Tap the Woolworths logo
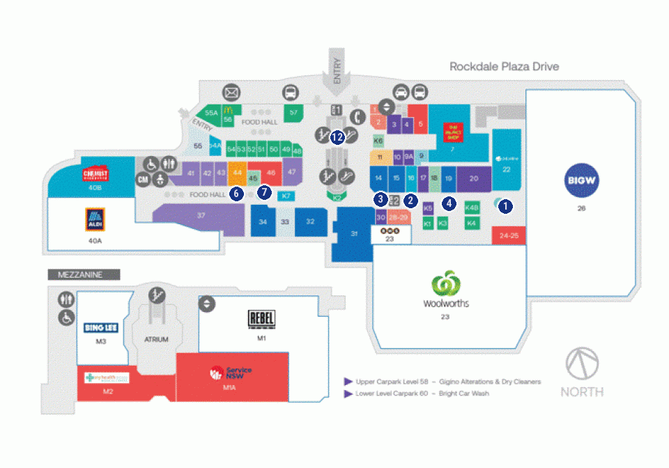coord(445,290)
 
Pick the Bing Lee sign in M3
coord(102,328)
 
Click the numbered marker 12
coord(338,137)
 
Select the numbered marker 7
coord(263,191)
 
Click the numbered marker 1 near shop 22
coord(506,205)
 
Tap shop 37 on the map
coord(201,216)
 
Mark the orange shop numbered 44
coord(237,172)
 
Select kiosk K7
coord(286,196)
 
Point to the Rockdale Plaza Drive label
coord(504,67)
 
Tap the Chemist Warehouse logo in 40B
coord(95,174)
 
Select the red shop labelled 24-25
coord(509,236)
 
